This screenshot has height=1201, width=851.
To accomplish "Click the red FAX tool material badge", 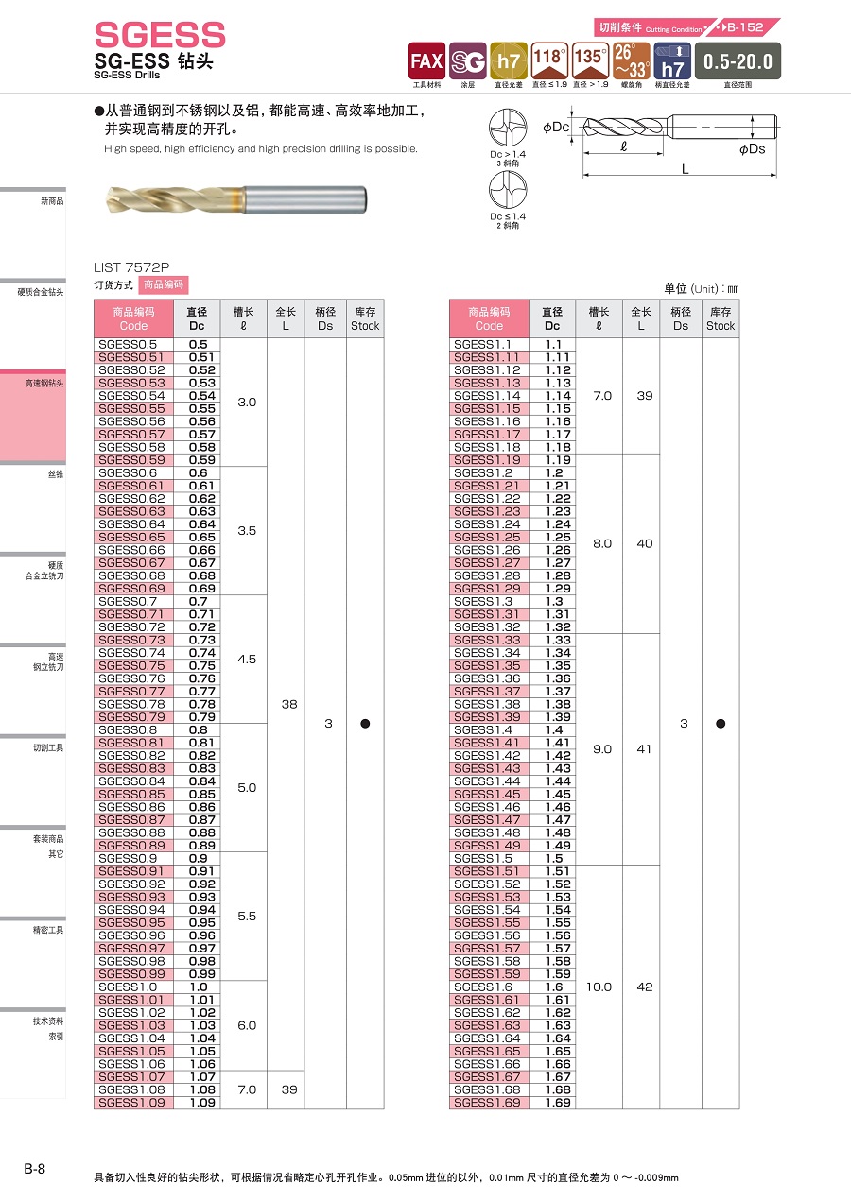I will point(425,60).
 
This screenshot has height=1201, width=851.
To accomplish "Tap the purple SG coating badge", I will point(467,60).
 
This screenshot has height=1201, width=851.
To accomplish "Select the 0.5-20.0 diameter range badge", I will point(738,61).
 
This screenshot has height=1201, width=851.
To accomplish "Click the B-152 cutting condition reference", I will point(745,27).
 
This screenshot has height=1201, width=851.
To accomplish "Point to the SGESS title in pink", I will point(160,36).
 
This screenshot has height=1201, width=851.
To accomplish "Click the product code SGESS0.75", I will point(131,665).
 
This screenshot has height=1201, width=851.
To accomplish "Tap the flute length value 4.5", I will point(246,659).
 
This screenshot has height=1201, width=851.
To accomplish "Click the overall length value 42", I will point(644,987).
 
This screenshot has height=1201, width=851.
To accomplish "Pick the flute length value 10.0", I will point(599,987).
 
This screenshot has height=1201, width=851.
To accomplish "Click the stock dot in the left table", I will point(365,724).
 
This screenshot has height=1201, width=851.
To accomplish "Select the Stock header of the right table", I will point(720,318).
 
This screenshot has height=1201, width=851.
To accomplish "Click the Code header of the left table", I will point(133,318).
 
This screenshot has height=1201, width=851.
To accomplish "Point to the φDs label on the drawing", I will point(752,148).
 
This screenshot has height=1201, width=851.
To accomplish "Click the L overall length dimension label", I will point(685,168).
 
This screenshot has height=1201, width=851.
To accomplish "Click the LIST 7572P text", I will point(131,267).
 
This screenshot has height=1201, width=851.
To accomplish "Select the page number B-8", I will point(34,1169).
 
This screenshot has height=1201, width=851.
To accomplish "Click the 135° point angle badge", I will point(589,60).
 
